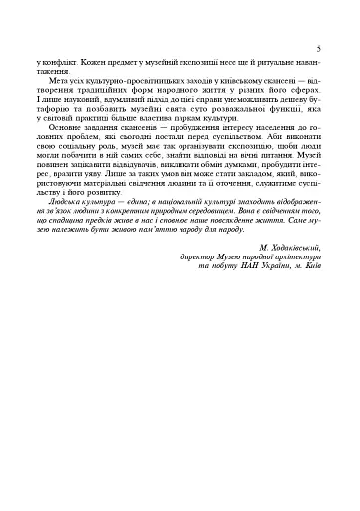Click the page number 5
coord(316,47)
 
